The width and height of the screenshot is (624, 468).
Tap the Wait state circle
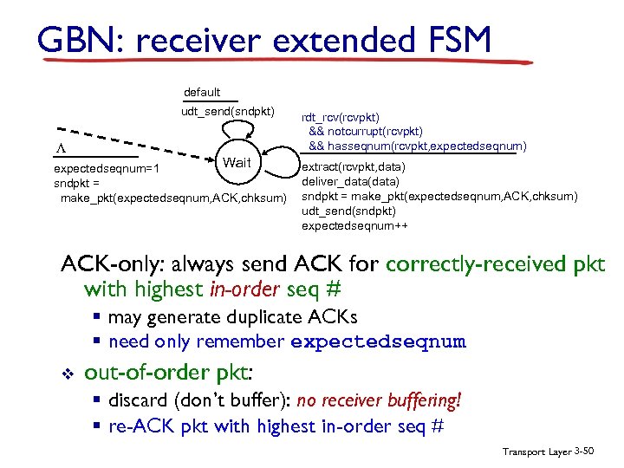[x=236, y=162]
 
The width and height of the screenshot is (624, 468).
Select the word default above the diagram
[x=202, y=92]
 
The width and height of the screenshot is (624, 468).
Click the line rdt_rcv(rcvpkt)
[x=340, y=117]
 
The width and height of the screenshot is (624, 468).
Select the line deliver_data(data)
[x=350, y=182]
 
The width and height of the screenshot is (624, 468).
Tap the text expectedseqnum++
[x=354, y=226]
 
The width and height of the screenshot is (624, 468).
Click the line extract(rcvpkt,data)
[x=354, y=167]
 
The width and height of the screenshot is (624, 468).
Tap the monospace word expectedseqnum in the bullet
[x=378, y=342]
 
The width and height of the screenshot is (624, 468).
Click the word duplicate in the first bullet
[x=276, y=318]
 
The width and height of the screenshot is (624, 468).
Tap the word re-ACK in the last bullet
[x=135, y=426]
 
